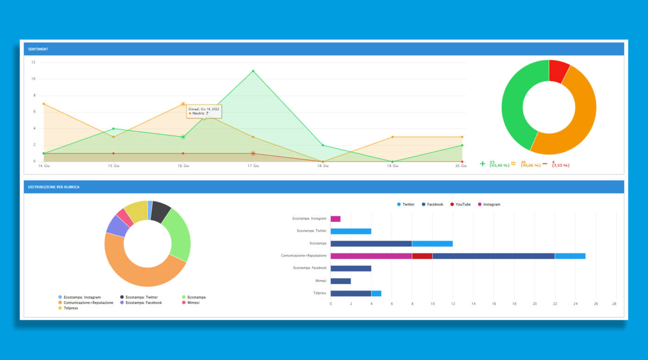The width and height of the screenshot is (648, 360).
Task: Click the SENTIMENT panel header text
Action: tap(38, 49)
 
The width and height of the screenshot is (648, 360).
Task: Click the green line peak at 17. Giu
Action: tap(253, 71)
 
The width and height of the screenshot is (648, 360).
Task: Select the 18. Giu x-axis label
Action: tap(323, 166)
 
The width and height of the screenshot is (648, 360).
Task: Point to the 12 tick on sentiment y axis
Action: tap(33, 62)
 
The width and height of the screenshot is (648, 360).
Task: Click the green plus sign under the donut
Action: tap(483, 164)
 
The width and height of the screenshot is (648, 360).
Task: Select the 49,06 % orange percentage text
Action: tap(530, 166)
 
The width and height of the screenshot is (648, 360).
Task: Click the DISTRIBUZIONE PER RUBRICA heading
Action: tap(54, 187)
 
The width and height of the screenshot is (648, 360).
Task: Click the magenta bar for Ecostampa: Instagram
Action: tap(336, 219)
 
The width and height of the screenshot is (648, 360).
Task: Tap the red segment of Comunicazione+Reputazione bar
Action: tap(422, 256)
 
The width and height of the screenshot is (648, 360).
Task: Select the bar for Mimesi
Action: tap(341, 281)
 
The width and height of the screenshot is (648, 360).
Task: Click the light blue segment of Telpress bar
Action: tap(376, 293)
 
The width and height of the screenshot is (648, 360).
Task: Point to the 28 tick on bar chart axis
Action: tap(614, 304)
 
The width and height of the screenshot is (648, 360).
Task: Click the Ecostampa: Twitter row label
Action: tap(312, 231)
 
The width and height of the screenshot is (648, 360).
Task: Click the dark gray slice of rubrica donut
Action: tap(161, 211)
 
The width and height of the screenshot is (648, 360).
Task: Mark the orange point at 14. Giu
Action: tap(44, 104)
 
